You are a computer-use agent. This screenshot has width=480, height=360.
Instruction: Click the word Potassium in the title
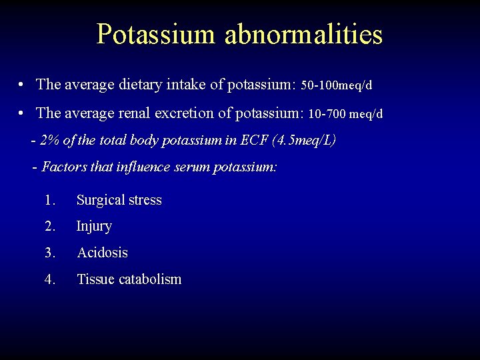pyautogui.click(x=156, y=34)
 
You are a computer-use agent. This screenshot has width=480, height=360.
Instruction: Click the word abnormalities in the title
pyautogui.click(x=303, y=34)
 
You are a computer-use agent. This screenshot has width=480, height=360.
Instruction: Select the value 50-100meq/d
pyautogui.click(x=337, y=85)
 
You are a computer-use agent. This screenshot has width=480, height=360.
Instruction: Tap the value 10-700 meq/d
pyautogui.click(x=345, y=114)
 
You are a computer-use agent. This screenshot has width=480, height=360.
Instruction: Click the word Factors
pyautogui.click(x=63, y=167)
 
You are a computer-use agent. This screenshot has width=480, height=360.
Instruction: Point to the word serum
pyautogui.click(x=191, y=167)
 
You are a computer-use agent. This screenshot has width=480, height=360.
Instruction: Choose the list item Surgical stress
pyautogui.click(x=119, y=200)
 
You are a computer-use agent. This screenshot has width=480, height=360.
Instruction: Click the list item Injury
pyautogui.click(x=94, y=227)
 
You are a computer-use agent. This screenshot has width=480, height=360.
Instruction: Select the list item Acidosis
pyautogui.click(x=102, y=253)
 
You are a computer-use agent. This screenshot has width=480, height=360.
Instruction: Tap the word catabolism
pyautogui.click(x=150, y=279)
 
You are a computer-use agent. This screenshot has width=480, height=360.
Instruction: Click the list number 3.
pyautogui.click(x=49, y=253)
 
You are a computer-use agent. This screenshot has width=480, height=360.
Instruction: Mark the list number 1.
pyautogui.click(x=49, y=200)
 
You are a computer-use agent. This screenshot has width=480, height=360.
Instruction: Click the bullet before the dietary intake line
pyautogui.click(x=23, y=85)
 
